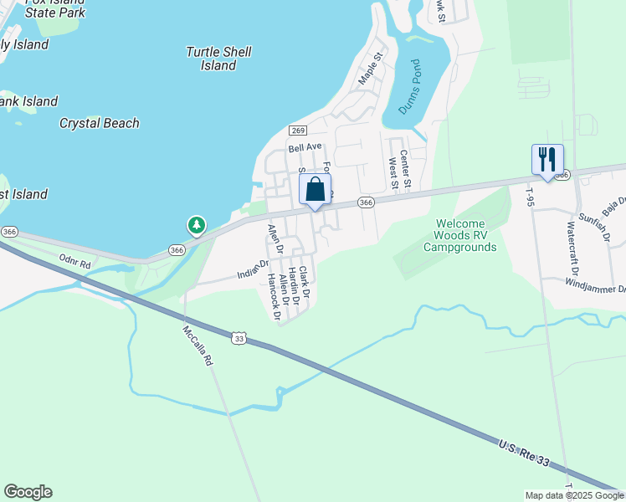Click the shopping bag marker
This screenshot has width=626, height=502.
(x=316, y=190)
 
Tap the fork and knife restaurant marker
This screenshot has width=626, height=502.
(x=547, y=160)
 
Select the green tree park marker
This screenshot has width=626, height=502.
(x=196, y=225)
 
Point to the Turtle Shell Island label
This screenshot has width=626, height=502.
(x=218, y=59)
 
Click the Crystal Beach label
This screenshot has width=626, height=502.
(x=99, y=123)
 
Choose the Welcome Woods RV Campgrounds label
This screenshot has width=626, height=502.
(x=459, y=235)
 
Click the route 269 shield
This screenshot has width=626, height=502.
(x=298, y=131)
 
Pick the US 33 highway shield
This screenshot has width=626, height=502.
(x=239, y=336)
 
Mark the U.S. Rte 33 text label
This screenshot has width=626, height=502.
(x=523, y=455)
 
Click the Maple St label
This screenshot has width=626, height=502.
(x=370, y=69)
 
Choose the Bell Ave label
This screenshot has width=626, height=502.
(x=305, y=147)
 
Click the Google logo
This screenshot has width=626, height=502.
(x=28, y=492)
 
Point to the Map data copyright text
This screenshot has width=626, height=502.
(x=574, y=495)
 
